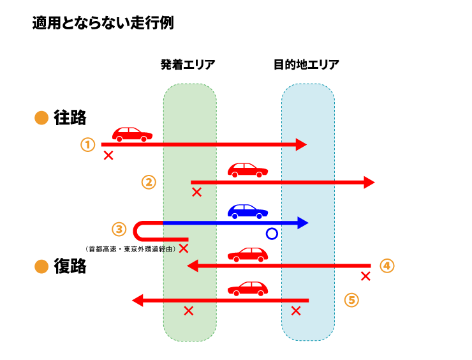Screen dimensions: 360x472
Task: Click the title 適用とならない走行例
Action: (103, 24)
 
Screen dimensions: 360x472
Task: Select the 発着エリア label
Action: (188, 64)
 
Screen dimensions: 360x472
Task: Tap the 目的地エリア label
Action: (306, 64)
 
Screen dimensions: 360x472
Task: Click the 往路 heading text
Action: (70, 118)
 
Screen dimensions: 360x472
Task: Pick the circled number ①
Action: (87, 145)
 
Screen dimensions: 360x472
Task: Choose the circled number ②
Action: (148, 182)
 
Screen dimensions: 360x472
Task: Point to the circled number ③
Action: (119, 229)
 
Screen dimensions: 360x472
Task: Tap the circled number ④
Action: (387, 266)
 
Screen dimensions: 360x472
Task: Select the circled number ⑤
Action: (351, 299)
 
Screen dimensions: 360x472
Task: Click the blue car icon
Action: (248, 211)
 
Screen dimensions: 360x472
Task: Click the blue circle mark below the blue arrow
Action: (272, 234)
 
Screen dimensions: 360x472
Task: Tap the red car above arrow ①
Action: (132, 134)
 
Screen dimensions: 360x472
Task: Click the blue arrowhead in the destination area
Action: (302, 223)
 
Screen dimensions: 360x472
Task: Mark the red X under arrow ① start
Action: (108, 155)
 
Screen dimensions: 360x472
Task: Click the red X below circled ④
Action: (365, 276)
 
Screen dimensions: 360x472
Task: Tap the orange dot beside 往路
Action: (41, 119)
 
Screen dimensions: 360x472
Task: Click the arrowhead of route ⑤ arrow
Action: (137, 300)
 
